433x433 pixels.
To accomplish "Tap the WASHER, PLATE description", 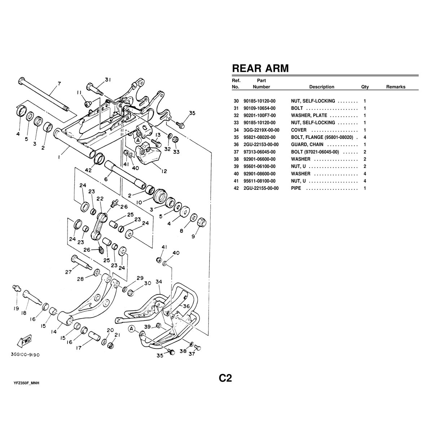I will pyautogui.click(x=309, y=115).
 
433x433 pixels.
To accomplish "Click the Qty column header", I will pyautogui.click(x=365, y=87).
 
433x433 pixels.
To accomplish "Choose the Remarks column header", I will pyautogui.click(x=395, y=87).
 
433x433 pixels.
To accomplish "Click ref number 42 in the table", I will pyautogui.click(x=236, y=188).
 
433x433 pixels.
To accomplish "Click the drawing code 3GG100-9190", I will pyautogui.click(x=26, y=355).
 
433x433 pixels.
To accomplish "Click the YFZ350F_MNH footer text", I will pyautogui.click(x=26, y=383).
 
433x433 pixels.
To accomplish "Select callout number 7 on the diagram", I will pyautogui.click(x=59, y=84).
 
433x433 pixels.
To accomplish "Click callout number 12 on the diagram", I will pyautogui.click(x=164, y=171).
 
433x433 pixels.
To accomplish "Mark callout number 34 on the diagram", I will pyautogui.click(x=159, y=281).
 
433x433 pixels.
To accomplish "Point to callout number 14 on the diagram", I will pyautogui.click(x=54, y=332).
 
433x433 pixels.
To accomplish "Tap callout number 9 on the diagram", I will pyautogui.click(x=198, y=236).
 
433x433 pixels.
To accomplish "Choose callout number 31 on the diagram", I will pyautogui.click(x=108, y=79).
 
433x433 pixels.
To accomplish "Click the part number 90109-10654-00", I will pyautogui.click(x=259, y=108).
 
